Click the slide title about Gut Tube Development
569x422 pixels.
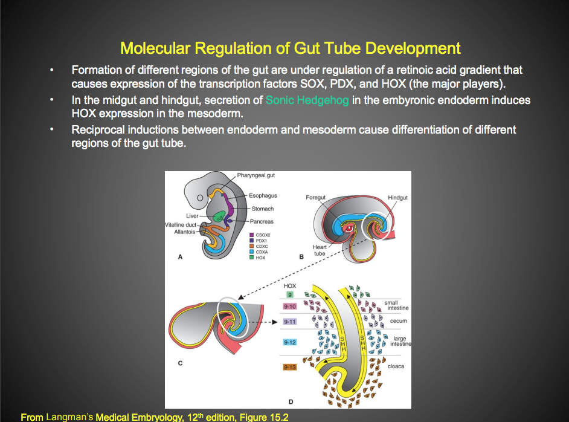tap(290, 48)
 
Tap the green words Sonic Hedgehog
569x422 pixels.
tap(307, 100)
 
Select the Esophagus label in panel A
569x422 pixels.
tap(263, 196)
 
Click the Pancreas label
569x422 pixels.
tap(263, 222)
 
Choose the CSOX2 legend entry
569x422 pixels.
tap(263, 235)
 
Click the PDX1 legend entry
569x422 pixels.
tap(261, 241)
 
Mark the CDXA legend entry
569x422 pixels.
tap(262, 252)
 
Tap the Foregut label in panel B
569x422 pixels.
tap(316, 198)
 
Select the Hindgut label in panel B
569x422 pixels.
tap(397, 198)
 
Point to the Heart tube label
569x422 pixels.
tap(320, 250)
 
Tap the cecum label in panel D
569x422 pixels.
tap(398, 321)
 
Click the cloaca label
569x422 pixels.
tap(396, 366)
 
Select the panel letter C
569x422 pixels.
tap(180, 363)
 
